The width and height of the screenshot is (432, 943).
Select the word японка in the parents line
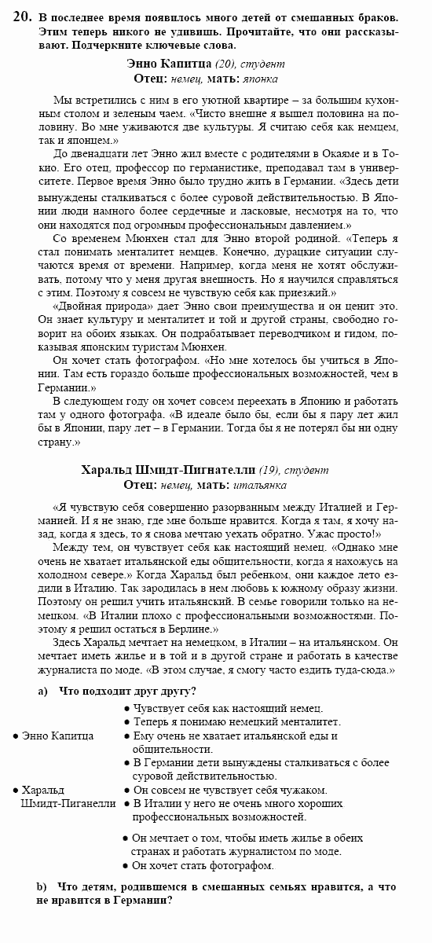tap(261, 79)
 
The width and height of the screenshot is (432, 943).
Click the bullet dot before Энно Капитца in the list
tap(16, 736)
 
